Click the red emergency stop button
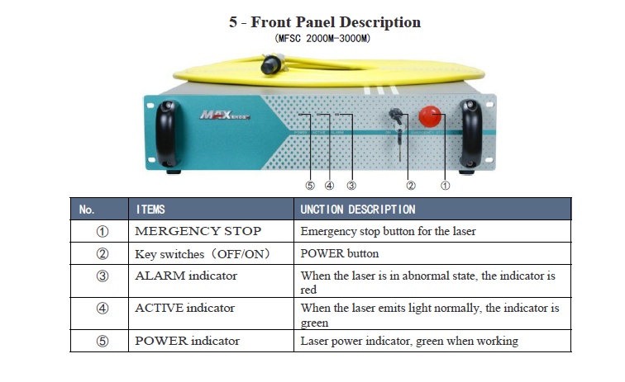429,116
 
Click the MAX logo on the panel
225,115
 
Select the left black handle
167,134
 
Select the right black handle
470,134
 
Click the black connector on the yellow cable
271,64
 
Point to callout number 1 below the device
445,186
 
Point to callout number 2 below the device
411,186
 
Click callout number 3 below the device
351,186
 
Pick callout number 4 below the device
329,186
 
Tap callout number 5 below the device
310,186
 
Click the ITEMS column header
150,210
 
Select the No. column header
87,210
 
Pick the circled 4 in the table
103,309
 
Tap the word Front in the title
271,22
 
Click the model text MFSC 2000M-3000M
322,38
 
